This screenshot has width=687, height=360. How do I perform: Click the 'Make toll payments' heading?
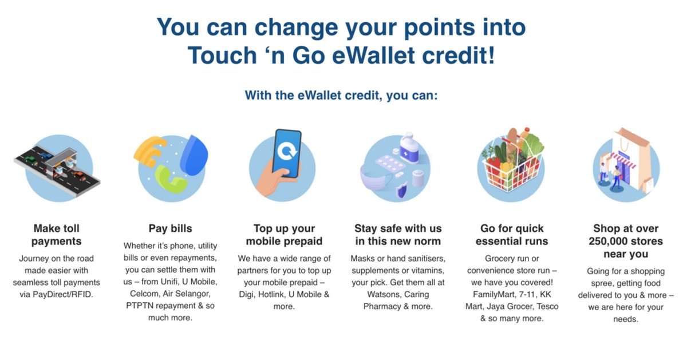click(x=57, y=235)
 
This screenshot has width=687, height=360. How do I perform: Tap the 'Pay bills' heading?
click(x=170, y=228)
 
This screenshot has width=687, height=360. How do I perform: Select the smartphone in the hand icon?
click(x=286, y=153)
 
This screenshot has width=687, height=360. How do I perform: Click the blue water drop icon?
click(x=194, y=155)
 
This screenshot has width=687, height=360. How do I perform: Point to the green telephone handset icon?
click(x=170, y=180)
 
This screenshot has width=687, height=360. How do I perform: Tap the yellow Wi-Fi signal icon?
click(x=149, y=152)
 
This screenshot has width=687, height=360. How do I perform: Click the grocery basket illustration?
click(x=511, y=161)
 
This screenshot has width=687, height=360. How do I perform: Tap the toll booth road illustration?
click(x=57, y=169)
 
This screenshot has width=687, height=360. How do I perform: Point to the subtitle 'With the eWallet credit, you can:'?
click(x=341, y=96)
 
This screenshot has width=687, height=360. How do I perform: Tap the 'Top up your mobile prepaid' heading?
click(x=285, y=235)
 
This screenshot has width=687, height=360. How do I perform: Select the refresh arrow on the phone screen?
click(x=287, y=151)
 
